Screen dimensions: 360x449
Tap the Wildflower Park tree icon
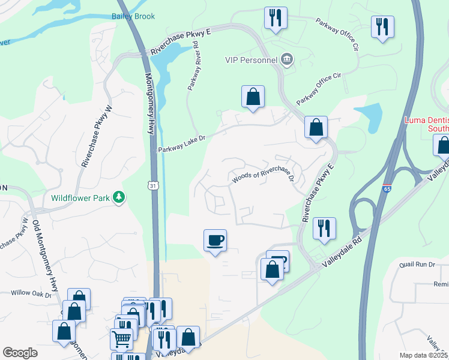119,197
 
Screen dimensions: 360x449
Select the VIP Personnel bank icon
288,59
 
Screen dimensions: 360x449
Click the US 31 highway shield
155,188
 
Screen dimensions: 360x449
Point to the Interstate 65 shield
387,189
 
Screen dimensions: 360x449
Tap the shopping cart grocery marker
121,339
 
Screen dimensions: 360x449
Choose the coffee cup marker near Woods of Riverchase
215,241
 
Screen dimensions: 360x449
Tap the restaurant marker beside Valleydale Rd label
324,229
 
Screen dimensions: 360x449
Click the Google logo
20,352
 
